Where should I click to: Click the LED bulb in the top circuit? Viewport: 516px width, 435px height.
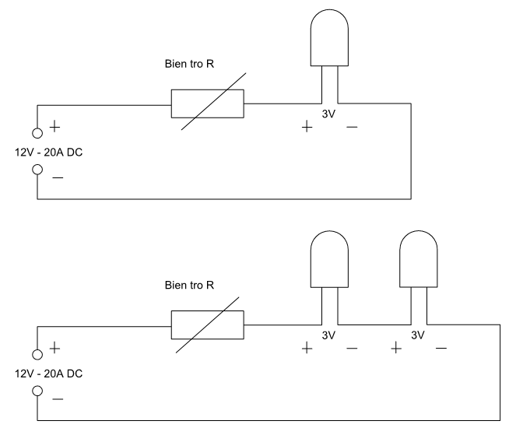pyautogui.click(x=329, y=38)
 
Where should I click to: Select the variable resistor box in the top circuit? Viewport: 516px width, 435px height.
pyautogui.click(x=208, y=103)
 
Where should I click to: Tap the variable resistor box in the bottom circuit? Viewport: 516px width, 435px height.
pyautogui.click(x=208, y=324)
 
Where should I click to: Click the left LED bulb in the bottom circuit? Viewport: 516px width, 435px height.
pyautogui.click(x=329, y=259)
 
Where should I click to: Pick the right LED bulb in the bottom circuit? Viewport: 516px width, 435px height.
pyautogui.click(x=419, y=259)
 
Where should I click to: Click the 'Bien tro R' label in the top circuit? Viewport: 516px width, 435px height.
pyautogui.click(x=189, y=64)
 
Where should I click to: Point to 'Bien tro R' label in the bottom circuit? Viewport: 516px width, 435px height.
pyautogui.click(x=189, y=286)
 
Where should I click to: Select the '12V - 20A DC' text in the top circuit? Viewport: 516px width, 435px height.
pyautogui.click(x=49, y=153)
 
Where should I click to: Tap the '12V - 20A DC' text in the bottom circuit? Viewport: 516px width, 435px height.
pyautogui.click(x=49, y=374)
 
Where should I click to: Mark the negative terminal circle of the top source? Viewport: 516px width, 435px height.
pyautogui.click(x=37, y=170)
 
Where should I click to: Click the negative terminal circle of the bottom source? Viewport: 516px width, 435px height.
pyautogui.click(x=37, y=391)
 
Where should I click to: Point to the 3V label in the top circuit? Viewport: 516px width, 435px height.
pyautogui.click(x=328, y=114)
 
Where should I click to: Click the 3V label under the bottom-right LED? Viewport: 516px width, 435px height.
pyautogui.click(x=418, y=335)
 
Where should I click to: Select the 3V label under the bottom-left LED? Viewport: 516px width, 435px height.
pyautogui.click(x=328, y=335)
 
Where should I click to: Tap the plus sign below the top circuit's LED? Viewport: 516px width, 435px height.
pyautogui.click(x=307, y=127)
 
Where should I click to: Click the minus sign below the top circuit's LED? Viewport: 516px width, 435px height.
pyautogui.click(x=352, y=127)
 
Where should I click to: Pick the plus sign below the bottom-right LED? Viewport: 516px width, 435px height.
pyautogui.click(x=396, y=348)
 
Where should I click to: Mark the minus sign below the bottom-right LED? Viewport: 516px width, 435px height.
pyautogui.click(x=441, y=348)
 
